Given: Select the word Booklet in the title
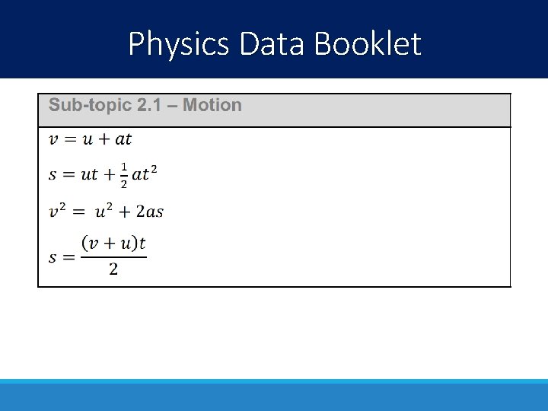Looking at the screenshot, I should pos(368,44).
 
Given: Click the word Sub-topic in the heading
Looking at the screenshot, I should pos(91,106).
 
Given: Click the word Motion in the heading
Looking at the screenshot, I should pos(212,106).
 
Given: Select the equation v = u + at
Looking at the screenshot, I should pos(91,139).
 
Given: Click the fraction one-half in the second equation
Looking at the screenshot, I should pos(124,174).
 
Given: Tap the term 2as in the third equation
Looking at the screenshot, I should pos(148,212).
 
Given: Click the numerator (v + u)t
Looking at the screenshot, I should pos(113,244).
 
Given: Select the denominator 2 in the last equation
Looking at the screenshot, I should pos(113,270).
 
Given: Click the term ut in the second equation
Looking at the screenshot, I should pos(90,175).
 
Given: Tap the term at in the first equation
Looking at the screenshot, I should pos(123,139).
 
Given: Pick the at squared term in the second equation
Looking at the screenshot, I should pos(145,174).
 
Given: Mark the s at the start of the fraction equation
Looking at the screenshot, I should pos(53,257).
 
